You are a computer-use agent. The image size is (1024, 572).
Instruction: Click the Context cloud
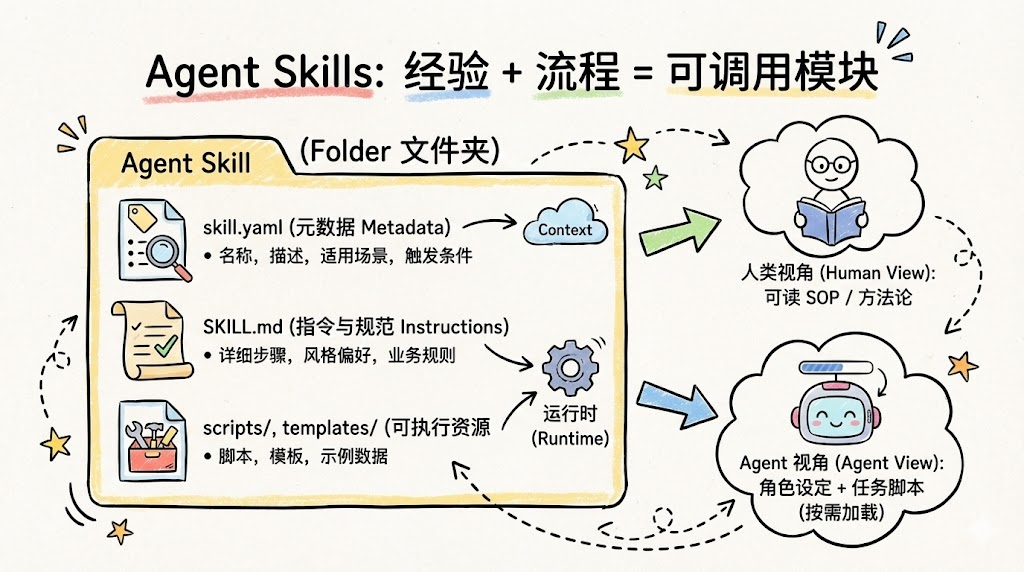click(565, 226)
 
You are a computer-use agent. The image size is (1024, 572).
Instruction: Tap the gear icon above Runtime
click(568, 367)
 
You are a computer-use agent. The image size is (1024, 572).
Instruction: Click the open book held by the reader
click(831, 214)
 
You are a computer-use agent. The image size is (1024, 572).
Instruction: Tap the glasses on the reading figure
click(831, 159)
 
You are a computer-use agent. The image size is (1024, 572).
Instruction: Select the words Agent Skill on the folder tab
click(186, 163)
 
